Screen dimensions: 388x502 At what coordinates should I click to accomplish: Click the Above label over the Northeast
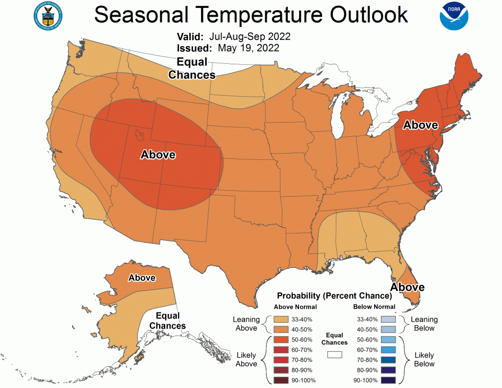click(x=420, y=125)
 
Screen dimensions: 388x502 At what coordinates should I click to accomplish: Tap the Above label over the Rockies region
click(x=158, y=155)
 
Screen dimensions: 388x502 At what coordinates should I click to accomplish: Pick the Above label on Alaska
click(x=142, y=278)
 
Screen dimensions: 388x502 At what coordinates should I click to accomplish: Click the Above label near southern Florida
click(x=407, y=286)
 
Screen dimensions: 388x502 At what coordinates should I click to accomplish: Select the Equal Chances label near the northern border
click(x=192, y=69)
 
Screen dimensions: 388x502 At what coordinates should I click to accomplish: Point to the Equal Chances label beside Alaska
click(x=168, y=320)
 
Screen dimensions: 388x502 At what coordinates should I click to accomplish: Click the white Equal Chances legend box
click(x=335, y=354)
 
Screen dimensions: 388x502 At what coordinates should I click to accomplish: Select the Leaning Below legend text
click(x=424, y=324)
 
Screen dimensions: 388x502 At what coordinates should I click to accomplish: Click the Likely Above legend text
click(x=246, y=359)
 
